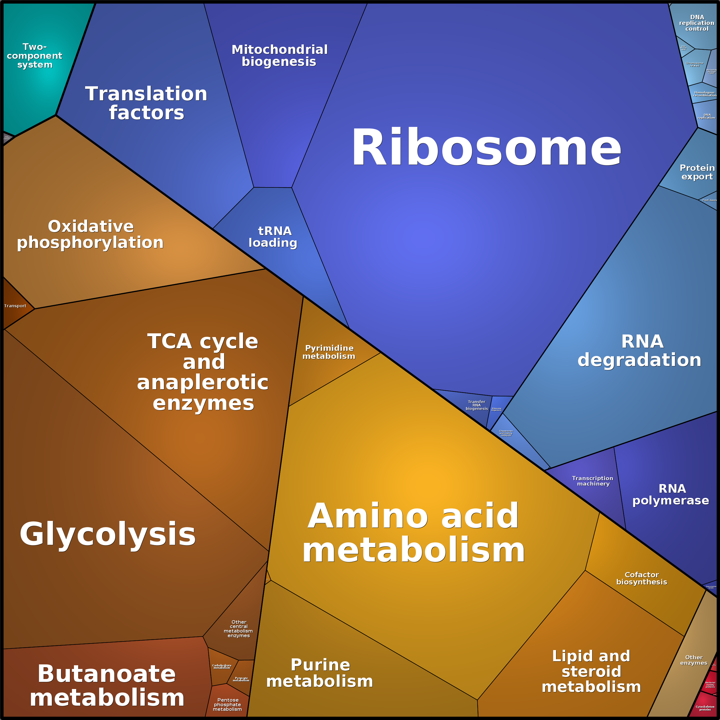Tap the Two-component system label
(x=34, y=56)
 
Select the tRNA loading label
(x=273, y=237)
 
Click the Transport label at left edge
(x=15, y=306)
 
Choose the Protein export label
(x=697, y=172)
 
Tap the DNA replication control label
(x=696, y=23)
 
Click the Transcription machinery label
(x=592, y=481)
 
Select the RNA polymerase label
(x=671, y=494)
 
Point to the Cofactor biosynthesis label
(x=642, y=578)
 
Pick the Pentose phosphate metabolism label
(x=228, y=704)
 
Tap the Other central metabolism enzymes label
(x=238, y=629)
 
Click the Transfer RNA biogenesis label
(x=477, y=405)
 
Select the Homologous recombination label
(x=704, y=94)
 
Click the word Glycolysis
(x=108, y=534)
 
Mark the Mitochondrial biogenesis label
(x=279, y=56)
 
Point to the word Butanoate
(x=107, y=674)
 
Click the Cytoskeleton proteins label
(x=705, y=708)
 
